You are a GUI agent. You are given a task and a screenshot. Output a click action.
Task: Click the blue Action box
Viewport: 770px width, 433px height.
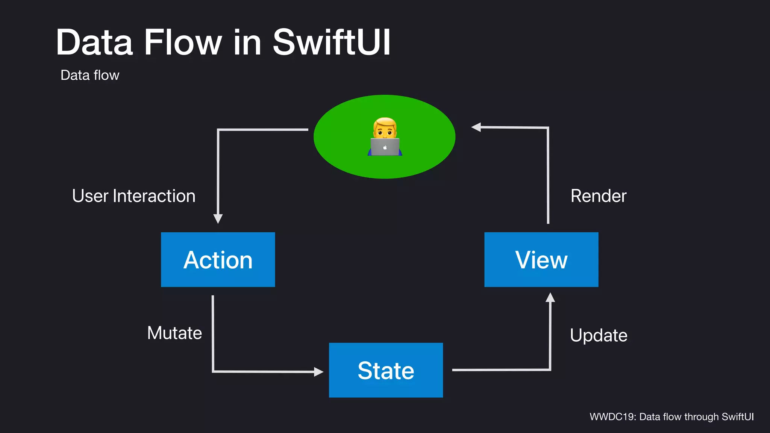[218, 259]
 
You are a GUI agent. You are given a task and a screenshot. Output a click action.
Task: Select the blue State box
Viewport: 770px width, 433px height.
[386, 370]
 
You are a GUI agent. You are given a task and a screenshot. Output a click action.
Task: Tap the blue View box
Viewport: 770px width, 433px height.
[541, 259]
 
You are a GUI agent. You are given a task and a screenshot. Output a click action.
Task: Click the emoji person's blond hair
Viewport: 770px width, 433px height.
[385, 123]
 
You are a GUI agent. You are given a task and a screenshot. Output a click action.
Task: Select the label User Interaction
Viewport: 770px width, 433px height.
[133, 196]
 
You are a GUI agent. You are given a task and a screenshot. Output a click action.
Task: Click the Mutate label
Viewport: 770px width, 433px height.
[174, 333]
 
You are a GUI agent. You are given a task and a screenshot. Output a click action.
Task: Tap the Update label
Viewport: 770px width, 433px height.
[598, 335]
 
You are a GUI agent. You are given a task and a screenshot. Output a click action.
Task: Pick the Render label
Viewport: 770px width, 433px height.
[598, 196]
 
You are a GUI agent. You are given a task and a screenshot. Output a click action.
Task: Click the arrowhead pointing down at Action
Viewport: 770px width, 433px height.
[218, 218]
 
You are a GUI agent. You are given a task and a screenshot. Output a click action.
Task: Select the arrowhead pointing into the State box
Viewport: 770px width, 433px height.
[318, 372]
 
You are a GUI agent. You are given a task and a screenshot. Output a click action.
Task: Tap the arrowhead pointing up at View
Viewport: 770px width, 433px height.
[550, 298]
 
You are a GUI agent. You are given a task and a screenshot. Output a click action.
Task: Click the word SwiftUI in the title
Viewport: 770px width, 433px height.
[332, 42]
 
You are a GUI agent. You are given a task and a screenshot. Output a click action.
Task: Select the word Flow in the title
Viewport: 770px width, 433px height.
[183, 42]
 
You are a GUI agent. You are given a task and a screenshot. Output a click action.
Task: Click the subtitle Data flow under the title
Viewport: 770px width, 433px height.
[90, 75]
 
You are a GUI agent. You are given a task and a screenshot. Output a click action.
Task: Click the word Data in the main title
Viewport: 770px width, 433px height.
[94, 42]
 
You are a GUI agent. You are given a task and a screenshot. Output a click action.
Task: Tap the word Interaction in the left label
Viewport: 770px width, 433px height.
[154, 196]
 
